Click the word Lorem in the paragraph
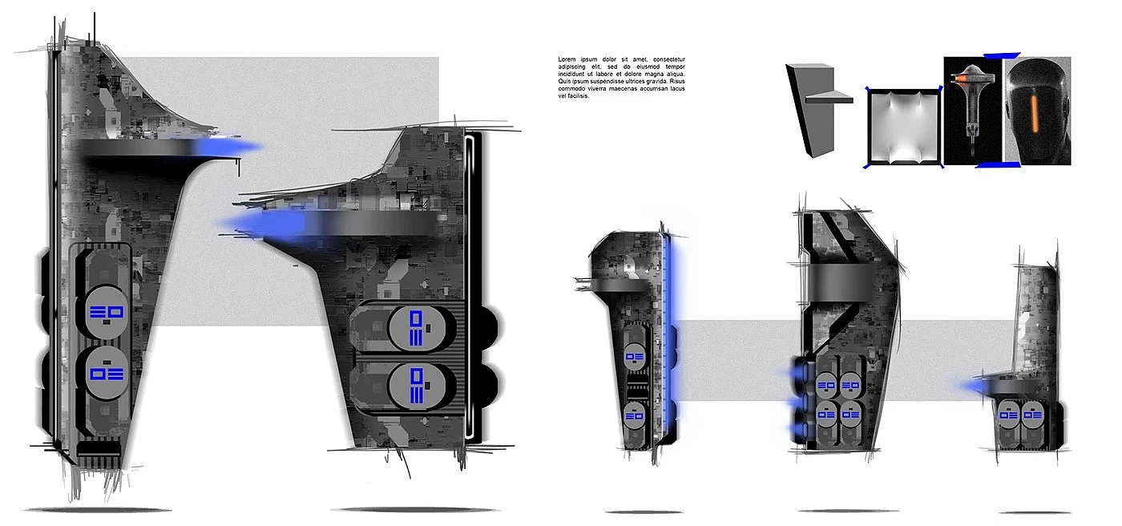[568, 60]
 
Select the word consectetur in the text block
[676, 60]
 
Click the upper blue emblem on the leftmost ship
[104, 312]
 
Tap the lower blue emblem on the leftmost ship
[104, 373]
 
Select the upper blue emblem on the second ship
[417, 329]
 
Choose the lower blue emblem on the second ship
[417, 386]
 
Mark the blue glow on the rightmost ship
[975, 388]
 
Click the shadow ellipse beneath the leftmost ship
[96, 510]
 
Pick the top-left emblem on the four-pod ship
[825, 386]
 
